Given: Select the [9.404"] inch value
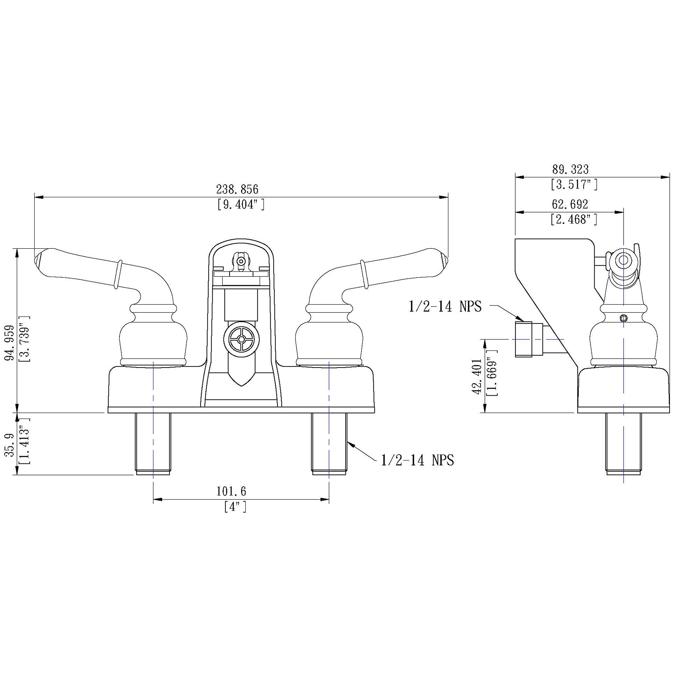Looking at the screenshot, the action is pos(241,204).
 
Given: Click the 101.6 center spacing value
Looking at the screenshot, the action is pos(231,491).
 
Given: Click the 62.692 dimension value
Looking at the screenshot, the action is pos(570,204).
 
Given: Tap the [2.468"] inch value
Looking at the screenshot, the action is pos(574,219).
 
